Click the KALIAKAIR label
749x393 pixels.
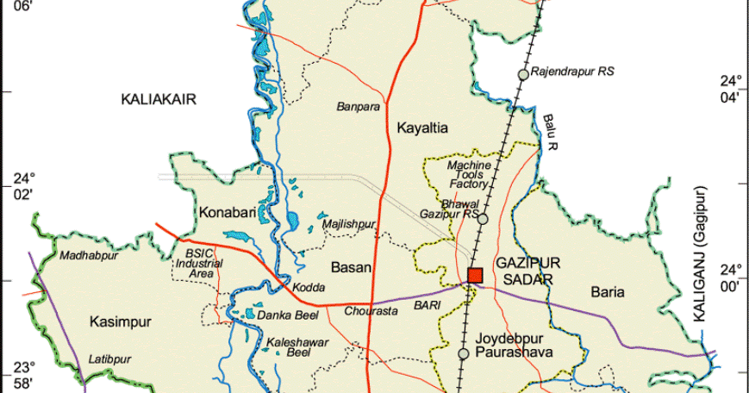click(159, 100)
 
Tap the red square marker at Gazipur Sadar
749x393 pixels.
click(475, 276)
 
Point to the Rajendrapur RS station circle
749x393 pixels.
click(523, 75)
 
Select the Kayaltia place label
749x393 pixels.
click(422, 128)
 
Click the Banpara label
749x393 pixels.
click(358, 108)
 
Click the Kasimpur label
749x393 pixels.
click(120, 322)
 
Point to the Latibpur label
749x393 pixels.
click(108, 359)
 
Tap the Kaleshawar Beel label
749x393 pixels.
click(297, 347)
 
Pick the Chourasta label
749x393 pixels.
click(371, 311)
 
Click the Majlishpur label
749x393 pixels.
click(348, 225)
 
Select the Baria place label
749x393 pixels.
click(608, 293)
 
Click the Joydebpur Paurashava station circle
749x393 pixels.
click(464, 353)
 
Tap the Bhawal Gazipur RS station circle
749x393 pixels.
click(484, 219)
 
